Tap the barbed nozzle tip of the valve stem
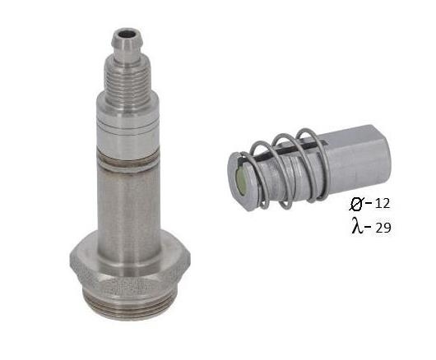click(127, 44)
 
